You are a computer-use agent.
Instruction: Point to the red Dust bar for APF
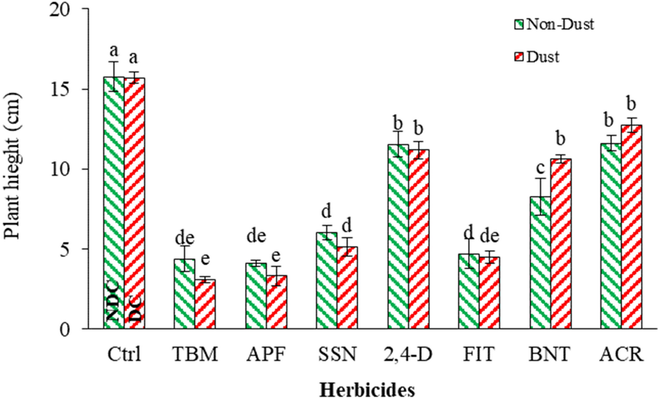(276, 302)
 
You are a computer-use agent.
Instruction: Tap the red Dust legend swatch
(518, 57)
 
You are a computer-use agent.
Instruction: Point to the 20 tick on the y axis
(79, 9)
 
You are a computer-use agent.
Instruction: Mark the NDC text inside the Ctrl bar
(114, 302)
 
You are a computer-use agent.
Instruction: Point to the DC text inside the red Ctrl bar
(135, 308)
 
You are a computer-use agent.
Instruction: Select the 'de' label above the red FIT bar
(490, 236)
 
